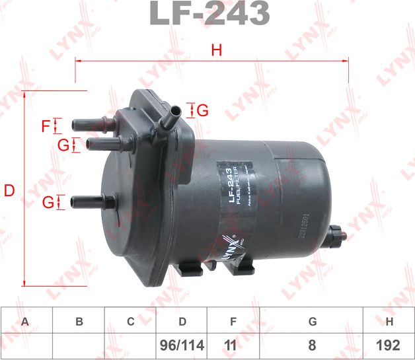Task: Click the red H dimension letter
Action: pyautogui.click(x=215, y=49)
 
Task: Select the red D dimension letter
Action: pyautogui.click(x=9, y=192)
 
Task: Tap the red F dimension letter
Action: pyautogui.click(x=46, y=126)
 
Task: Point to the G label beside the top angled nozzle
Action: pyautogui.click(x=202, y=110)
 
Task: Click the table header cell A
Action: pyautogui.click(x=25, y=322)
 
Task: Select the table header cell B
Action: pyautogui.click(x=79, y=322)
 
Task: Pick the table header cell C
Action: pyautogui.click(x=130, y=322)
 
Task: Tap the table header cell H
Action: pyautogui.click(x=390, y=322)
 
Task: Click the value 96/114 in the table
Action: pyautogui.click(x=182, y=345)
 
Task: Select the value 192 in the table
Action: pyautogui.click(x=390, y=345)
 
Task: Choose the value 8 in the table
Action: pyautogui.click(x=312, y=345)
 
